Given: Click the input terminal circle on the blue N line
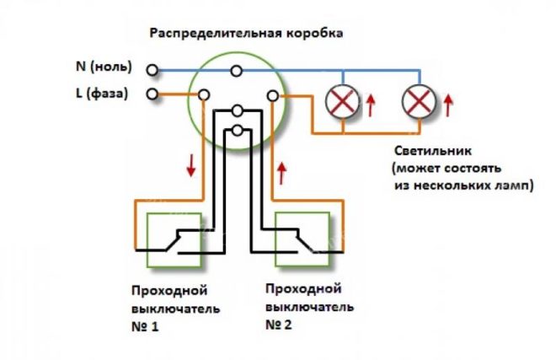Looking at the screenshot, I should [x=152, y=69].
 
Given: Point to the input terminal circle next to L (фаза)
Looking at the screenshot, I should [x=152, y=94].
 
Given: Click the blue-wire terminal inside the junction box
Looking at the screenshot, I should [x=238, y=70].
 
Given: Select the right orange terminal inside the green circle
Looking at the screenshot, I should [x=272, y=96].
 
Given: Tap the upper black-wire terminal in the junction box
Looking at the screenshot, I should [x=238, y=110].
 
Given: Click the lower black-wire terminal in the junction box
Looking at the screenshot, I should [x=238, y=130].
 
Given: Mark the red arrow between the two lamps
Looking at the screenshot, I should [x=372, y=105].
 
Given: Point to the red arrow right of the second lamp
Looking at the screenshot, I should [x=449, y=105].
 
